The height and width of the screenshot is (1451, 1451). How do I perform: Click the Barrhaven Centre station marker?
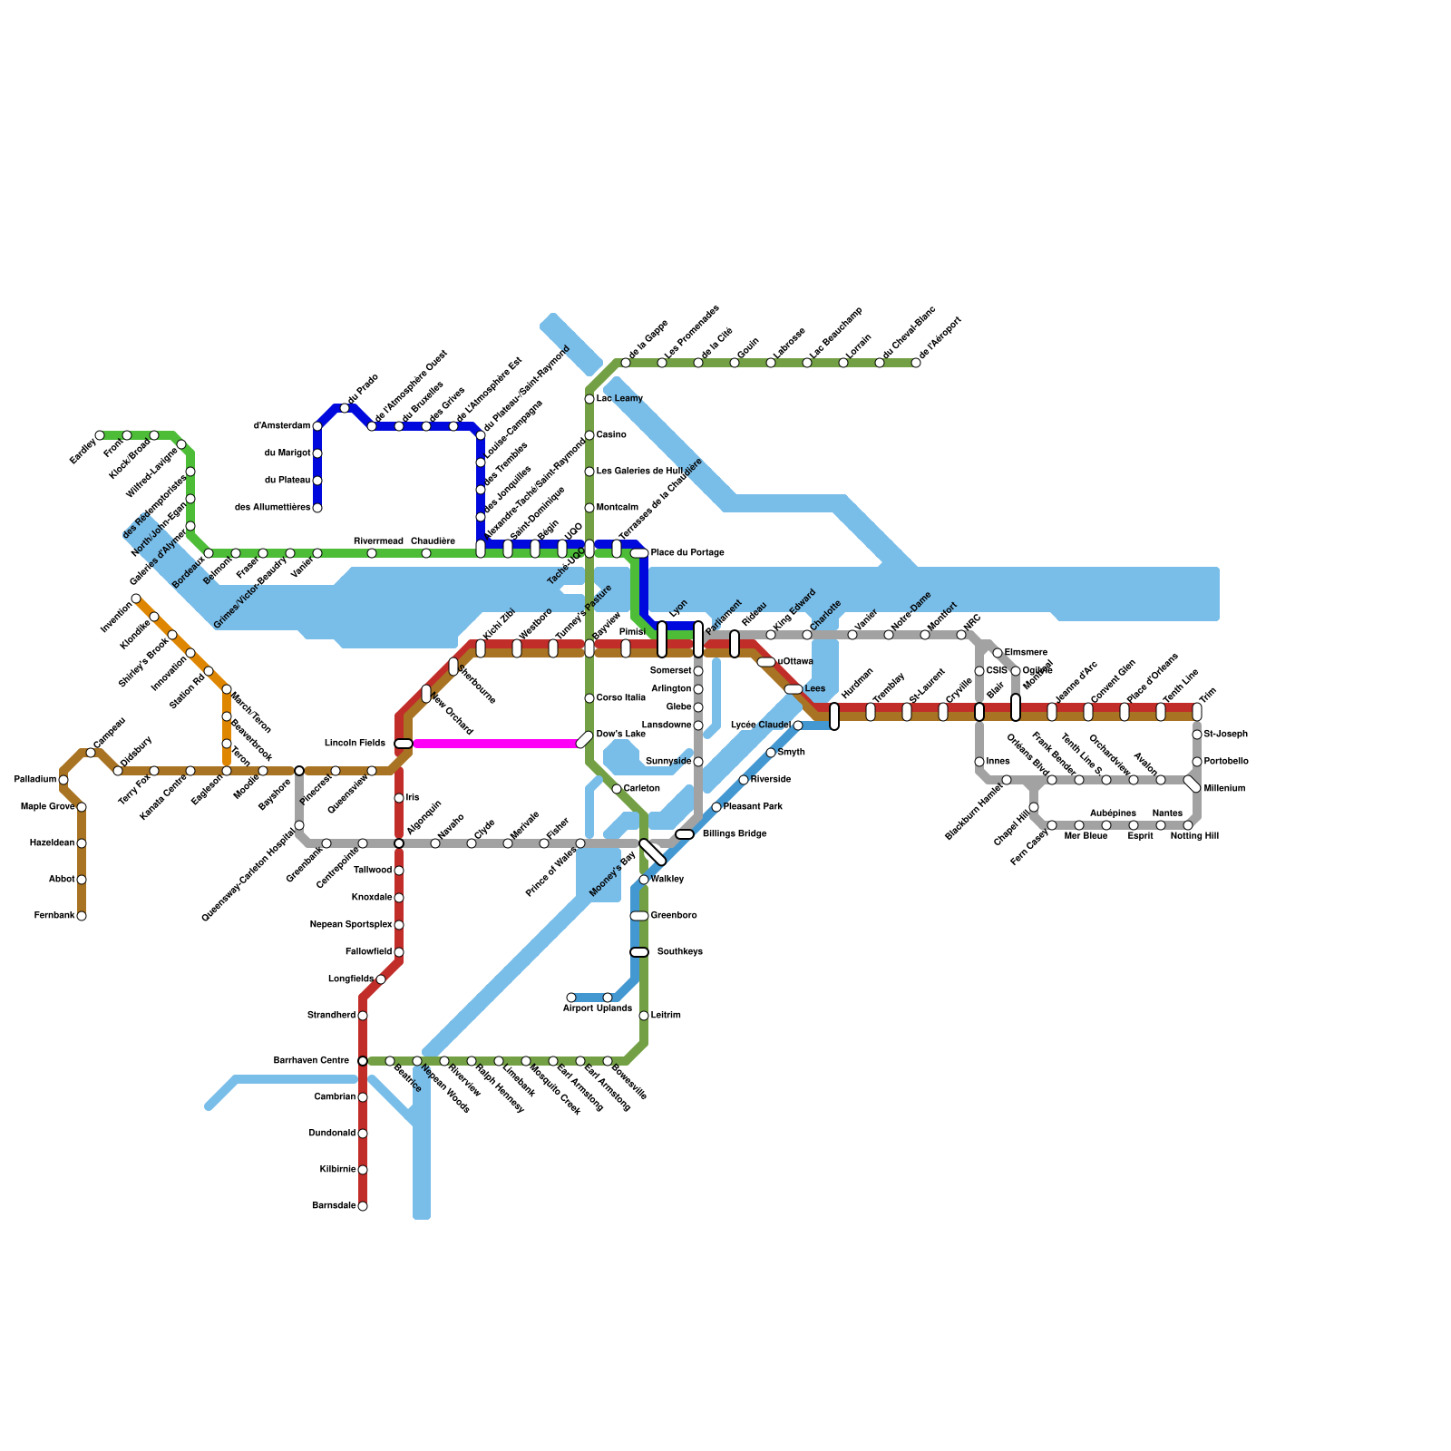click(363, 1061)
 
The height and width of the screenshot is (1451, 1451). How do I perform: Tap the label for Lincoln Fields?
click(355, 744)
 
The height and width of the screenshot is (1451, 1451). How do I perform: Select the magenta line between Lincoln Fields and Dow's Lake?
click(494, 744)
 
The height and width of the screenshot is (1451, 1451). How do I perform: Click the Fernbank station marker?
click(82, 916)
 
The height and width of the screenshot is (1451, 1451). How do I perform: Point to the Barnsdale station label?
click(333, 1206)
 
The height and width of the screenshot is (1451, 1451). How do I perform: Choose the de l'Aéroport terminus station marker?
click(916, 363)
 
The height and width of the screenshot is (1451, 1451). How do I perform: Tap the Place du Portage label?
click(687, 553)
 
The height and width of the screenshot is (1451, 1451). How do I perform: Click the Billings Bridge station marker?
click(685, 834)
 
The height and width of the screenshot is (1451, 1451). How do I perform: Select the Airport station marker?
click(571, 998)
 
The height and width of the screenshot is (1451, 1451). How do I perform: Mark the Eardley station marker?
click(100, 435)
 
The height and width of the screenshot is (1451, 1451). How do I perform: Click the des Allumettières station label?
click(272, 508)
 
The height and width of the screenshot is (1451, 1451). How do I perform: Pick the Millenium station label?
click(1224, 789)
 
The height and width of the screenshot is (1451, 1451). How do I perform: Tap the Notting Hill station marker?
click(1188, 825)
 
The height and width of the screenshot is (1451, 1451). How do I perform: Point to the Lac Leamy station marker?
click(589, 399)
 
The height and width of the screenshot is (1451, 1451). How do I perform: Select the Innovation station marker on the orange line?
click(190, 653)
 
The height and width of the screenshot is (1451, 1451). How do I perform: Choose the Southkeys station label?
click(679, 952)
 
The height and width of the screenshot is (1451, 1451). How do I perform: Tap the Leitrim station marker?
click(644, 1016)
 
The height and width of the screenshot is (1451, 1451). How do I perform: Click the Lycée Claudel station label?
click(760, 725)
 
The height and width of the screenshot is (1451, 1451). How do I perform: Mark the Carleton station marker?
click(617, 789)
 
